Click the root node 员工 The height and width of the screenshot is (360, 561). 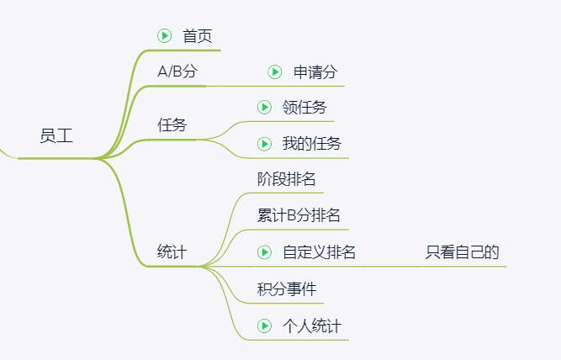pos(56,136)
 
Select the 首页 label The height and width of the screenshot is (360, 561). pos(198,36)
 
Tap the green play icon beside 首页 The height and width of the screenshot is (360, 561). pos(165,36)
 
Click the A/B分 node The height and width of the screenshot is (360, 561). pos(177,71)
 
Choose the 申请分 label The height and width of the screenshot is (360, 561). pos(315,72)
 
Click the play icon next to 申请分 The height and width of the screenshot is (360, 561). pos(275,72)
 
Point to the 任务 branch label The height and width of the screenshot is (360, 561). pos(172,124)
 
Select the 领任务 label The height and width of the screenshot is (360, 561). pos(304,107)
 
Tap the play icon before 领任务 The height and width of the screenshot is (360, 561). pos(264,107)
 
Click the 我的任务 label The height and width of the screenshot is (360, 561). pos(312,144)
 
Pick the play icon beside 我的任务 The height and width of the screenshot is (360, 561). pos(264,144)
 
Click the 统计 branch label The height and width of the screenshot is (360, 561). pos(172,251)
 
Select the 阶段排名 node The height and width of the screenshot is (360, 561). pos(286,179)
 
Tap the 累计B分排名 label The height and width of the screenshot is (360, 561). pos(299,215)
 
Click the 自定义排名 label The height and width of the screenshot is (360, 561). pos(319,252)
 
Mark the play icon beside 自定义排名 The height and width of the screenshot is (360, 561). pos(264,252)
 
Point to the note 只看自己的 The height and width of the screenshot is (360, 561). pos(463,252)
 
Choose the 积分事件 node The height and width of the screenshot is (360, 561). pos(287,289)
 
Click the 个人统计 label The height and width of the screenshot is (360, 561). pos(312,326)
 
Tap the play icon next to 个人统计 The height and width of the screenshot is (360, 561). pos(264,326)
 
